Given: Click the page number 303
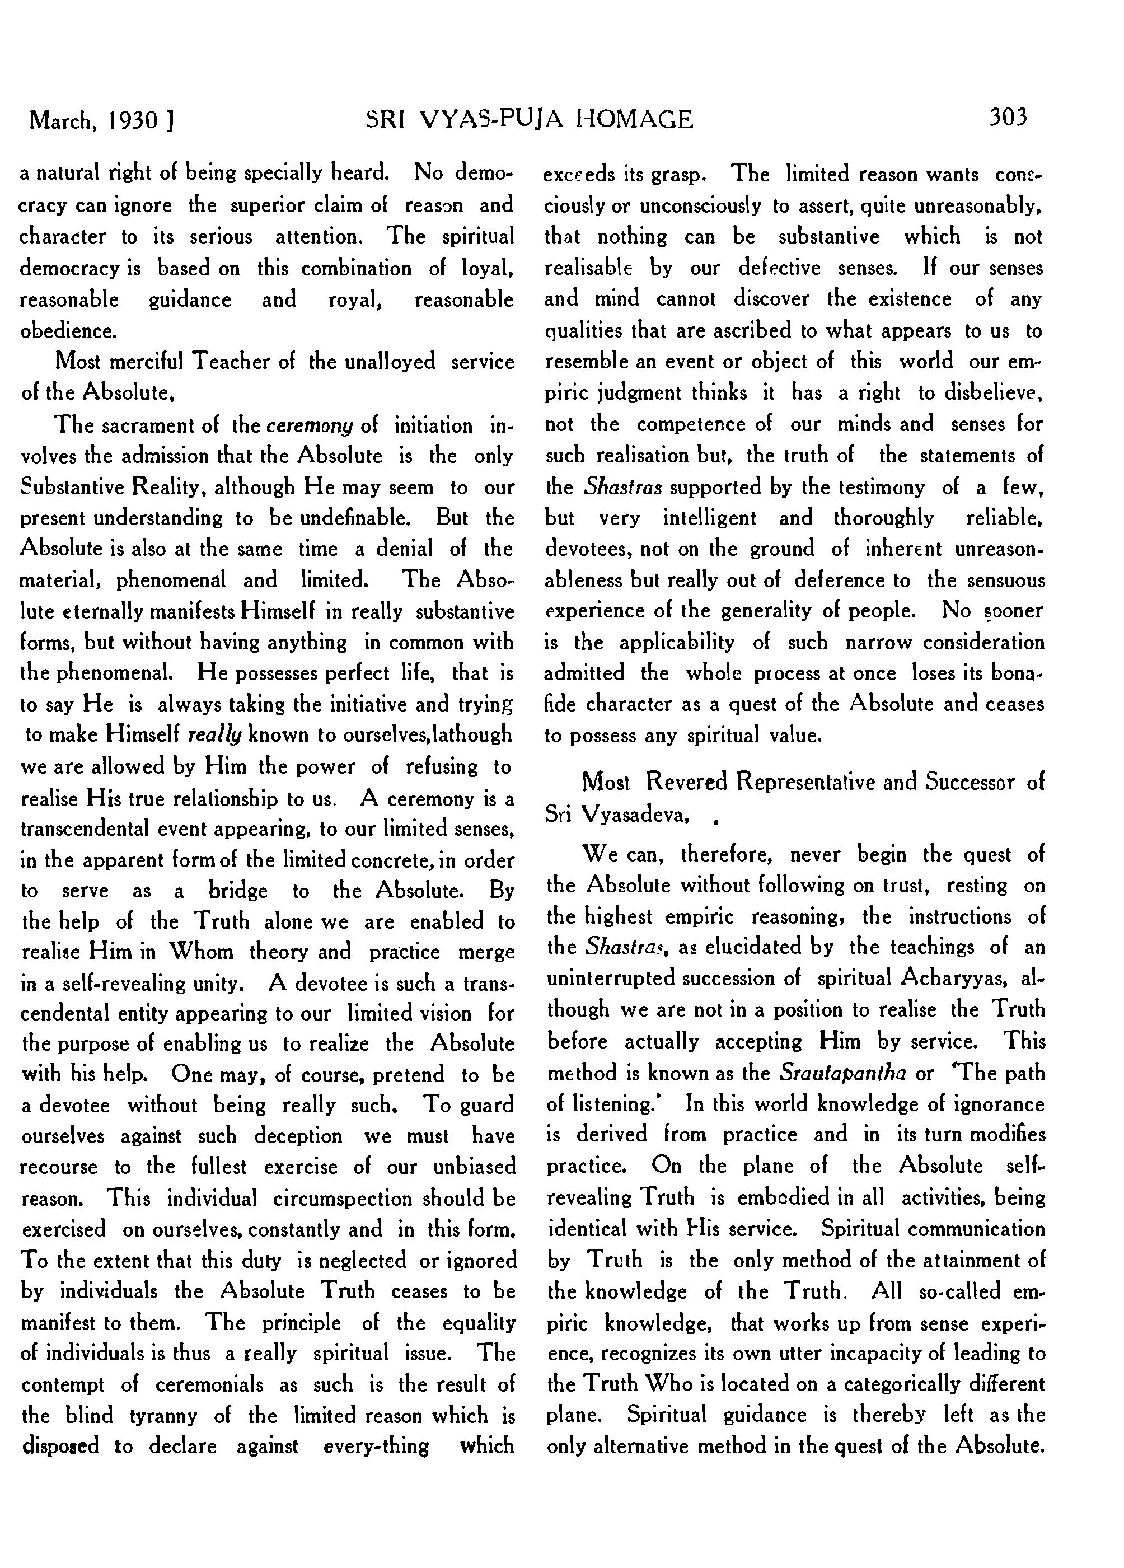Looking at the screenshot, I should pos(1008,117).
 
